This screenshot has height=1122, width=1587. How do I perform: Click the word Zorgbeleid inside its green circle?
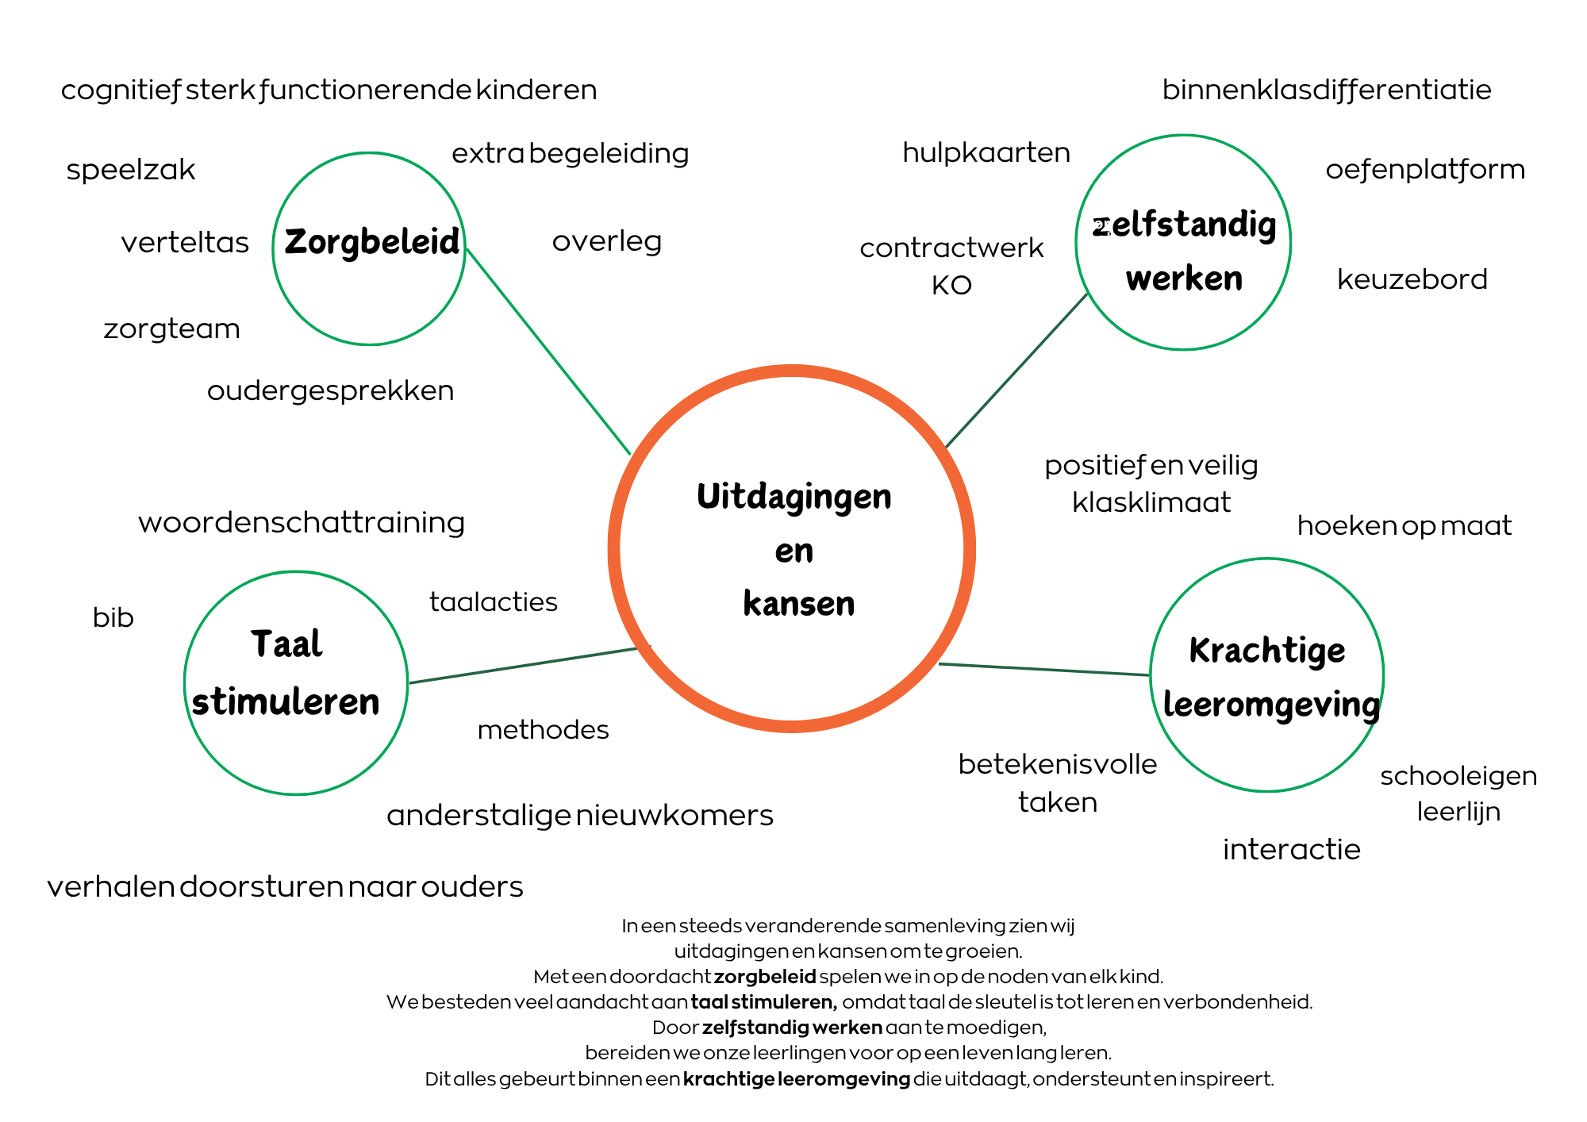tap(371, 242)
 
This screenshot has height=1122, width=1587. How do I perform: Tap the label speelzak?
tap(131, 170)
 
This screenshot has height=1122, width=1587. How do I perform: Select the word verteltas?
tap(185, 242)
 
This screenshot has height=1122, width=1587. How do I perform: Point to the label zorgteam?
tap(171, 329)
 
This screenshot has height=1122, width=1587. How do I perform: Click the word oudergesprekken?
tap(330, 390)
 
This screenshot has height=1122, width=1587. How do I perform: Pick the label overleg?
tap(607, 241)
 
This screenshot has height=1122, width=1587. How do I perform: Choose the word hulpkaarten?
tap(986, 152)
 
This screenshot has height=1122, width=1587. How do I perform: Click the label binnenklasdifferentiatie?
tap(1327, 90)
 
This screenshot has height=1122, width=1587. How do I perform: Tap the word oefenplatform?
tap(1425, 170)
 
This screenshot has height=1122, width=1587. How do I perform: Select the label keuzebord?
tap(1412, 279)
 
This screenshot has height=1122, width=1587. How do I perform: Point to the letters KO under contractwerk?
tap(951, 286)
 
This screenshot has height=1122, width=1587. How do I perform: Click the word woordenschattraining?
tap(302, 523)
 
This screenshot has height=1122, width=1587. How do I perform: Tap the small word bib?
tap(113, 617)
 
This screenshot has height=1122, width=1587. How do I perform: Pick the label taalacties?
tap(494, 602)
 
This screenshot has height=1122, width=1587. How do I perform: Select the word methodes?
tap(544, 730)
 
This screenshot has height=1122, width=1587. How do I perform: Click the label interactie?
tap(1291, 850)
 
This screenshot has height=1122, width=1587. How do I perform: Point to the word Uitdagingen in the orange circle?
tap(794, 498)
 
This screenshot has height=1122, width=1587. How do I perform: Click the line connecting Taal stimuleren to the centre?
tap(524, 665)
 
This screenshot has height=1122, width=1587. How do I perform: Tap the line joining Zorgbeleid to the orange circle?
tap(548, 350)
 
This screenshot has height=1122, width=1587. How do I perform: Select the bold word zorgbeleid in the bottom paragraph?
tap(765, 977)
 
